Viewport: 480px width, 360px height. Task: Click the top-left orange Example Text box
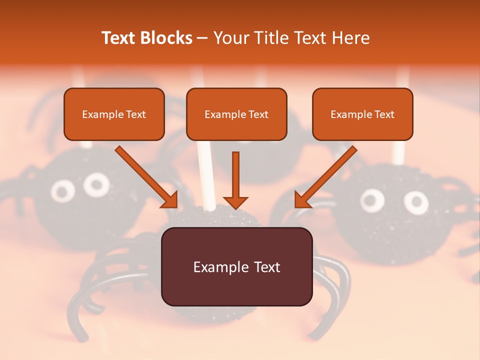(114, 114)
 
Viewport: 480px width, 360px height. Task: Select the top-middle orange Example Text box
(236, 114)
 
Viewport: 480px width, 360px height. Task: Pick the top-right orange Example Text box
(362, 114)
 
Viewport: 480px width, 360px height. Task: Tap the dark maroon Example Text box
(236, 267)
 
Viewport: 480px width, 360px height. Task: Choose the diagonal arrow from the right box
(326, 177)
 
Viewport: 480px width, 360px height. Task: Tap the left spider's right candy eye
(96, 184)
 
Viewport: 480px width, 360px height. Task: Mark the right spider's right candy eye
(416, 202)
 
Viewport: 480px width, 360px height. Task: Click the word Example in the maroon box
(217, 267)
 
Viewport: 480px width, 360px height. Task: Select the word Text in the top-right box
(384, 114)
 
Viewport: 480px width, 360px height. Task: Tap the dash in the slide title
(203, 38)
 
